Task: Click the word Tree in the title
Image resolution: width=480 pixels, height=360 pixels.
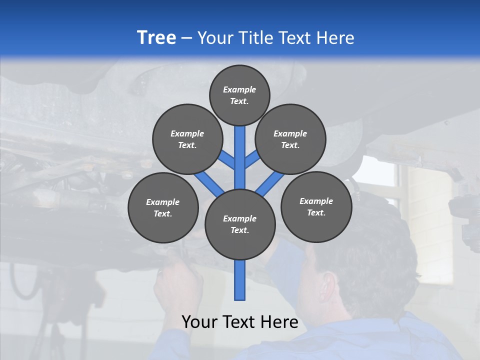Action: pyautogui.click(x=156, y=37)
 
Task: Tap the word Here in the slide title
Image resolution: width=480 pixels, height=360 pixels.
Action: pyautogui.click(x=334, y=37)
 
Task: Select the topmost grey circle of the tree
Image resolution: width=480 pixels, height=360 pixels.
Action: pyautogui.click(x=239, y=95)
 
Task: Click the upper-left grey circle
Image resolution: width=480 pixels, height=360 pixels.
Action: pyautogui.click(x=187, y=139)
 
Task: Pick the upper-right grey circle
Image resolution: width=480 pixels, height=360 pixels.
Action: pyautogui.click(x=290, y=139)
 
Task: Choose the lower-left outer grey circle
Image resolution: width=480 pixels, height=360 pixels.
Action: pyautogui.click(x=163, y=207)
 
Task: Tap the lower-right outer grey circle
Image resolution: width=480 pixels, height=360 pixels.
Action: pyautogui.click(x=316, y=206)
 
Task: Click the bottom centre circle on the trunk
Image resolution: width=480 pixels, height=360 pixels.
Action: pyautogui.click(x=240, y=224)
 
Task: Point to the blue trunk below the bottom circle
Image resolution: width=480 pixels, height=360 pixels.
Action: pyautogui.click(x=240, y=280)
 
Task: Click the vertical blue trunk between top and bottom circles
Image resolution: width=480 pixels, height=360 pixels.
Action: pyautogui.click(x=240, y=160)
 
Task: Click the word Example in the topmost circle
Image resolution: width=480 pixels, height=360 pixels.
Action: pyautogui.click(x=239, y=89)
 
